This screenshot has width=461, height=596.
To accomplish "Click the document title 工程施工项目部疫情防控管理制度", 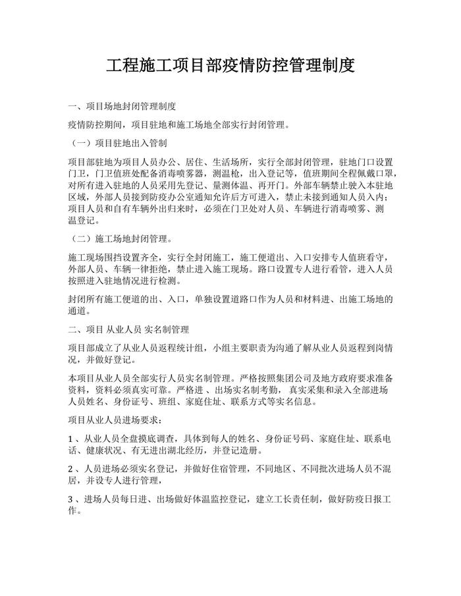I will tap(230, 66).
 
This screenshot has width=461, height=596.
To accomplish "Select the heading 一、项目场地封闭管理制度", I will tap(122, 107).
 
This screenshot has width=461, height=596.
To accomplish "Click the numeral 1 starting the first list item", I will tap(71, 439).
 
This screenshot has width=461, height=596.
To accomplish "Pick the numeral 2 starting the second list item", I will tap(71, 470).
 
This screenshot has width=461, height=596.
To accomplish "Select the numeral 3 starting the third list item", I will tap(71, 500).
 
